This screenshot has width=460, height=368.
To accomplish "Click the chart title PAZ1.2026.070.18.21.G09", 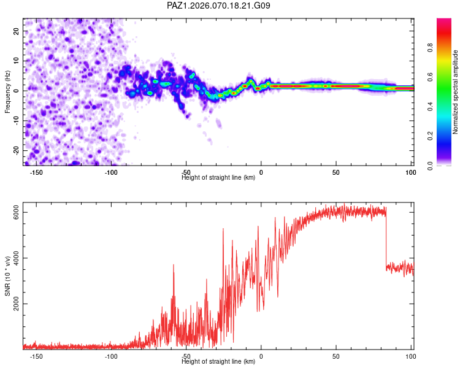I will [x=219, y=6].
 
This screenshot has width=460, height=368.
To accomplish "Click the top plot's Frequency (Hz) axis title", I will [x=7, y=91].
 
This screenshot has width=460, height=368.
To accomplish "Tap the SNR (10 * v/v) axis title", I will [x=7, y=278].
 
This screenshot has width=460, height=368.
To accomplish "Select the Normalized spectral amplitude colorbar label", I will [x=456, y=93].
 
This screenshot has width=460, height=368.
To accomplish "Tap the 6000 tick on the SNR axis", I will [x=17, y=212].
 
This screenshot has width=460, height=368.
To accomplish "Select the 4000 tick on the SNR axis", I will [x=17, y=258].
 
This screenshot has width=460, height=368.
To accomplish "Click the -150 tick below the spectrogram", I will [x=36, y=172].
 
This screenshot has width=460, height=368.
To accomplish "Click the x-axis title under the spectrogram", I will [x=219, y=178].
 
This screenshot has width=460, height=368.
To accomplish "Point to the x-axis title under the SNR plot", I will [x=219, y=362].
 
